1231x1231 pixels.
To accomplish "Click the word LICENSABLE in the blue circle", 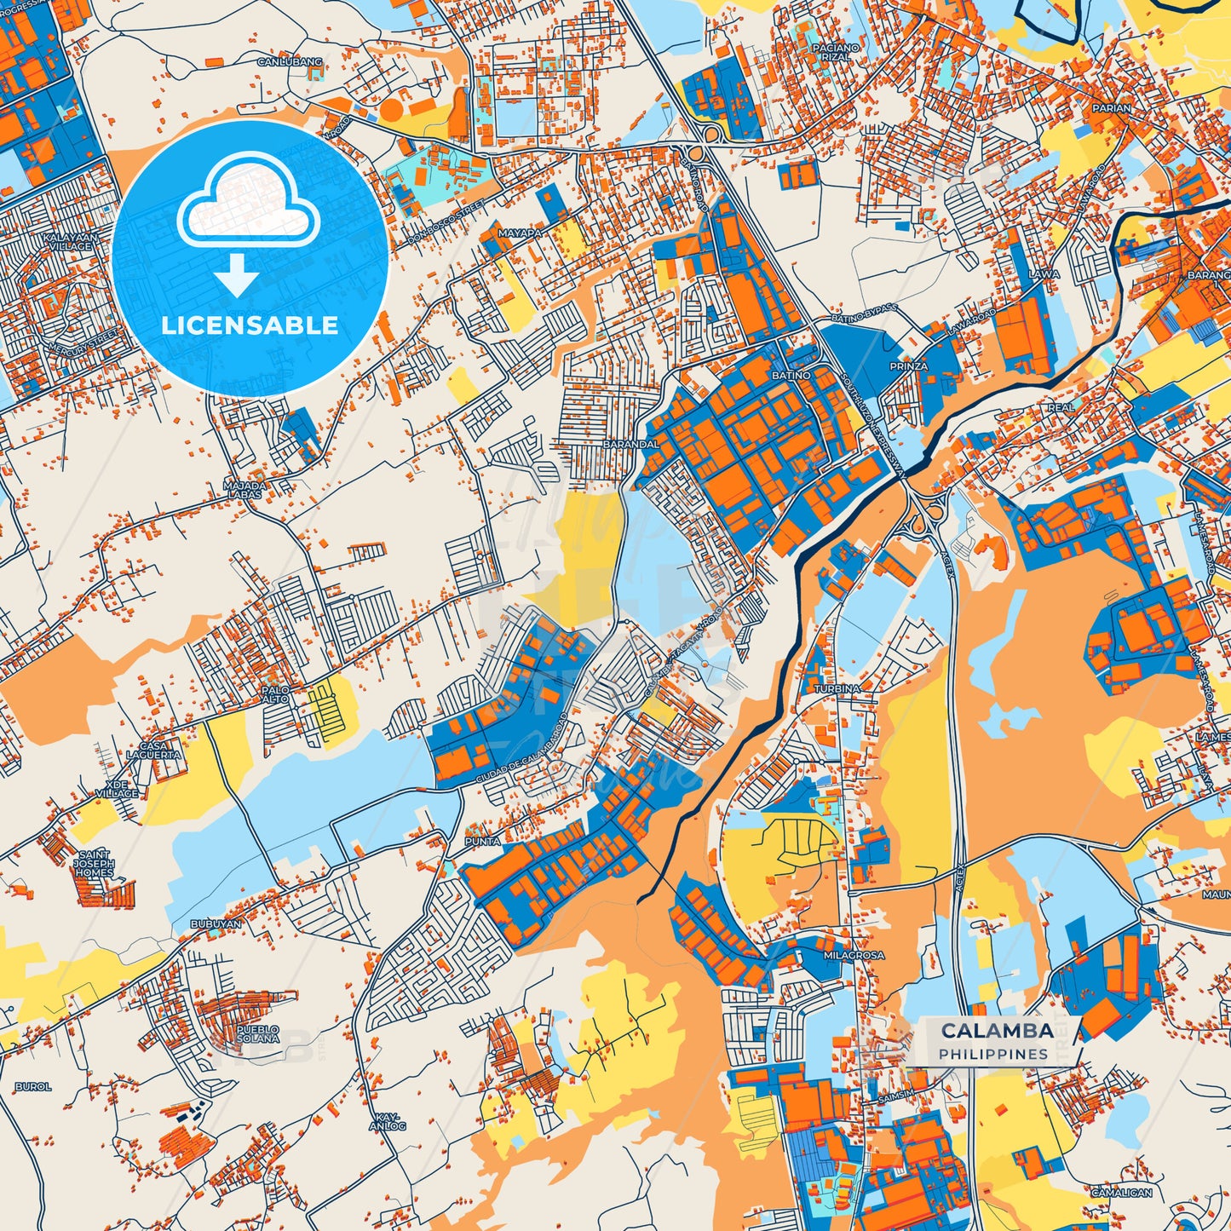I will click(x=250, y=325).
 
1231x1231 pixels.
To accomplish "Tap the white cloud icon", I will click(x=249, y=202).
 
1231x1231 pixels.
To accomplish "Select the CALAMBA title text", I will click(x=997, y=1031).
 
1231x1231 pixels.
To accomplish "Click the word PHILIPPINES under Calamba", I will click(x=993, y=1055).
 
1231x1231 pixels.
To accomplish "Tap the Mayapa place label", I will click(x=520, y=232).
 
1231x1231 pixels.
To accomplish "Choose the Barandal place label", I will click(x=630, y=444).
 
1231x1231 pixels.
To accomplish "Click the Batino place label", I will click(x=791, y=375).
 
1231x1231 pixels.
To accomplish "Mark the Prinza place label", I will click(x=908, y=366).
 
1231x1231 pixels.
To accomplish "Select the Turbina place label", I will click(x=837, y=688).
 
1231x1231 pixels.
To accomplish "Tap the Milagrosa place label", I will click(x=854, y=956).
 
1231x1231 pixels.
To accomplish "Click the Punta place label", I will click(x=482, y=842).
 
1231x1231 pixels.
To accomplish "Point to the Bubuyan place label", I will click(x=216, y=923).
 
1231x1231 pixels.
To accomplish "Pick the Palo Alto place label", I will click(x=276, y=694).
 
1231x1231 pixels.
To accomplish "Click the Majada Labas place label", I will click(x=245, y=490).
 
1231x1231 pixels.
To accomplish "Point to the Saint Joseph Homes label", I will click(x=94, y=864).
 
